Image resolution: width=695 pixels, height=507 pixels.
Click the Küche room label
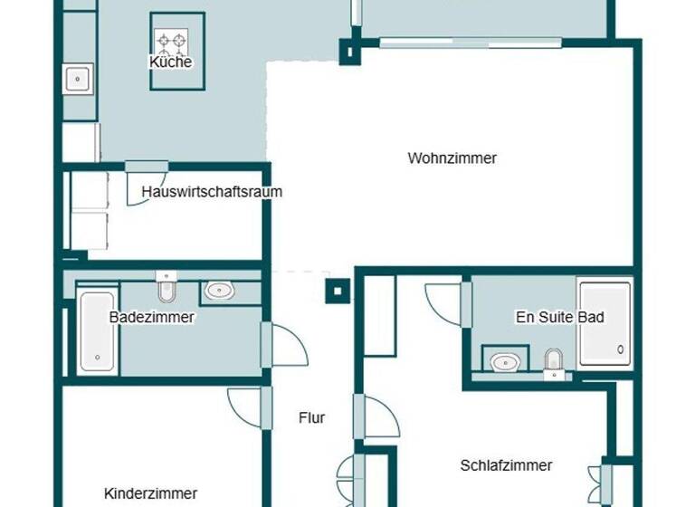tap(170, 62)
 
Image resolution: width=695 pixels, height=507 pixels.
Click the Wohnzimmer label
tap(452, 158)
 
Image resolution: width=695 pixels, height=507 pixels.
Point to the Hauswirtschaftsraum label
tap(212, 192)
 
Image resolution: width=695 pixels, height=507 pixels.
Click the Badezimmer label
tap(152, 317)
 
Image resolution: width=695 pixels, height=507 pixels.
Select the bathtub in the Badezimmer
tap(96, 331)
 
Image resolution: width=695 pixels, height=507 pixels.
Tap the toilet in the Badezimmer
tap(166, 287)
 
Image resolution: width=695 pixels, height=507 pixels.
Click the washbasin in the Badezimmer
tap(218, 291)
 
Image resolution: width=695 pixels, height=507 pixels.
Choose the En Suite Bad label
tap(559, 317)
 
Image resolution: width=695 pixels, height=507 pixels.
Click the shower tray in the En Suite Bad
tap(605, 324)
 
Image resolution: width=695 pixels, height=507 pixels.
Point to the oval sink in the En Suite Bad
tap(504, 362)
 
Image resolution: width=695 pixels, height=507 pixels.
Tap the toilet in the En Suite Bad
tap(553, 362)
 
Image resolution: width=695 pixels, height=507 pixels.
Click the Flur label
tap(311, 418)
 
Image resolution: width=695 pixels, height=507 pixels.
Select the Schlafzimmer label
tap(506, 465)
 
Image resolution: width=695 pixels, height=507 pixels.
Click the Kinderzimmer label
tap(151, 493)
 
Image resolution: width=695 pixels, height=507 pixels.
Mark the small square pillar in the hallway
tap(336, 291)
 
